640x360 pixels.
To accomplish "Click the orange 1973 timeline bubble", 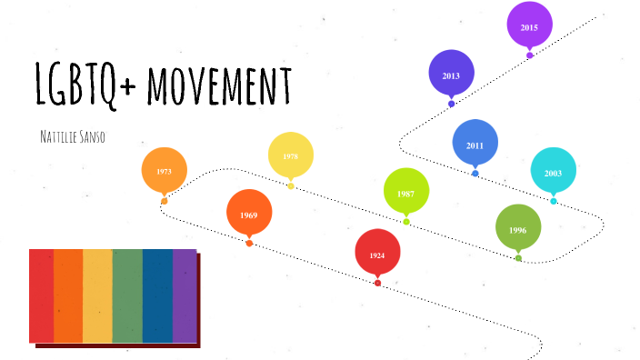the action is (164, 170).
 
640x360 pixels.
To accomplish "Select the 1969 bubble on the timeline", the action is (249, 214).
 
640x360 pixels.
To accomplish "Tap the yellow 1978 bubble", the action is (290, 155).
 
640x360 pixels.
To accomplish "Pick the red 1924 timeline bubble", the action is (377, 255).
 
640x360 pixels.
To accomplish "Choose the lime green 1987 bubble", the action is (405, 193).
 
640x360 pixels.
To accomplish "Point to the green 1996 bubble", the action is (517, 229).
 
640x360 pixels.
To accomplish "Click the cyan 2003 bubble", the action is (553, 172).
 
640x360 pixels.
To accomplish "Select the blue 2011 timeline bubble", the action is (475, 144).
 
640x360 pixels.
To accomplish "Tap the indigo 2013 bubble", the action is (451, 75).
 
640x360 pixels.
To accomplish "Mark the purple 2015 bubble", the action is (529, 26).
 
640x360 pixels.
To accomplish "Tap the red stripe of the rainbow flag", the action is (42, 295).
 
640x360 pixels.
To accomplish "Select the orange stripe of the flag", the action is (69, 295).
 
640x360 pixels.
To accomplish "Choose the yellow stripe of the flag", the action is (97, 295).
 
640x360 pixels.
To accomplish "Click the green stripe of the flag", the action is (127, 295).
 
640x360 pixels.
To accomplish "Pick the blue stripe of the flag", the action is (157, 295).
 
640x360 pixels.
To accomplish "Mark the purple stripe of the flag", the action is (185, 295).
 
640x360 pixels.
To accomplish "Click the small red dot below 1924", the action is (377, 283).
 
